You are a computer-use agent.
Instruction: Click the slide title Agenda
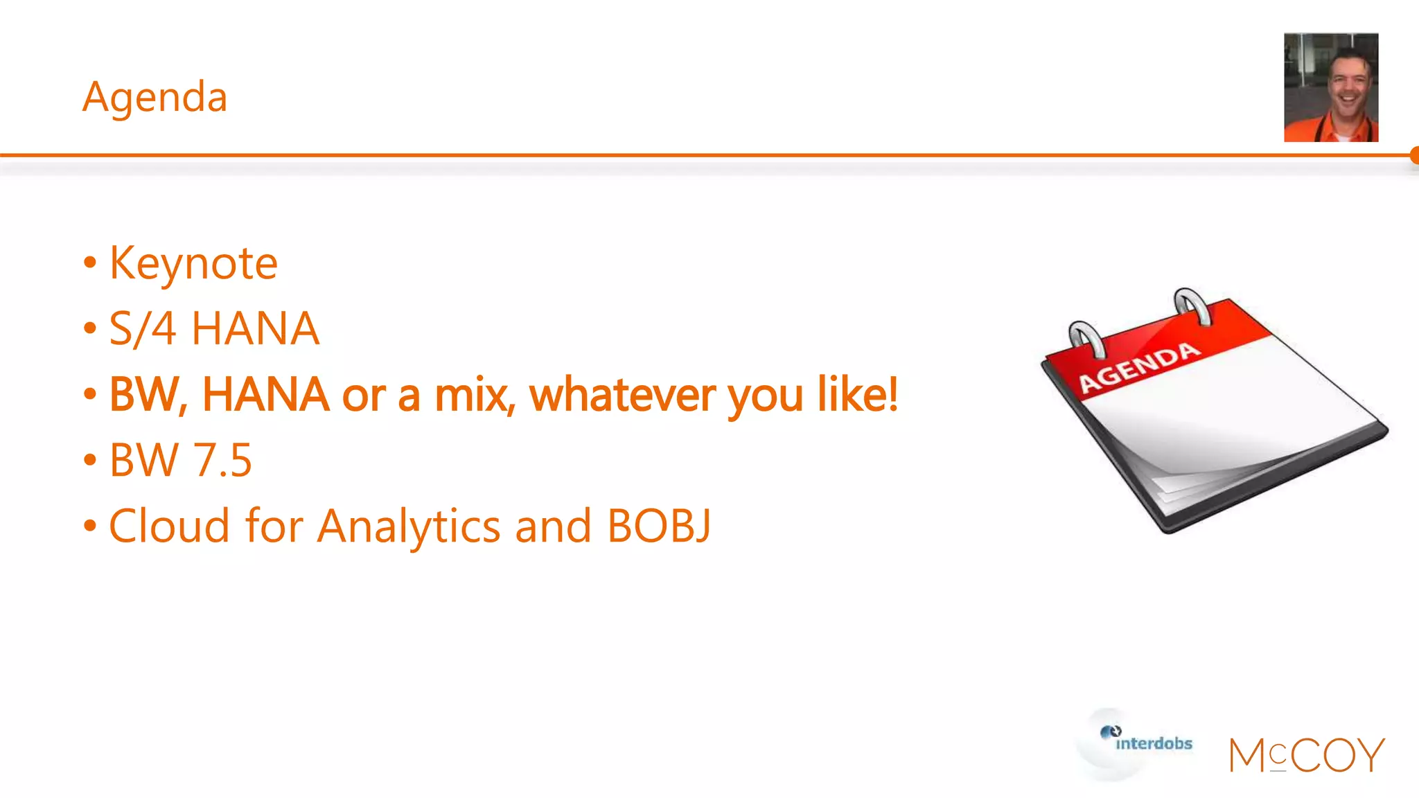[x=155, y=97]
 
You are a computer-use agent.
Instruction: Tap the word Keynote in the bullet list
[x=193, y=264]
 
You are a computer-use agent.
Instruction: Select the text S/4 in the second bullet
[x=143, y=328]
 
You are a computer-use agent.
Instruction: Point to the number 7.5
[x=222, y=460]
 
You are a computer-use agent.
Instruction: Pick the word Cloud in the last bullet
[x=170, y=526]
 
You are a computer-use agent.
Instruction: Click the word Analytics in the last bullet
[x=409, y=527]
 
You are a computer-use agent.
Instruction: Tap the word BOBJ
[x=659, y=526]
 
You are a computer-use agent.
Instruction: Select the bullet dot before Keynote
[x=90, y=264]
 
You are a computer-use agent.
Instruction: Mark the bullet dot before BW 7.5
[x=90, y=460]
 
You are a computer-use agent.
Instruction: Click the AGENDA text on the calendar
[x=1139, y=367]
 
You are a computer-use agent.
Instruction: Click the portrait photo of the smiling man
[x=1330, y=87]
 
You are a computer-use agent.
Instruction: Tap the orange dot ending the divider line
[x=1414, y=155]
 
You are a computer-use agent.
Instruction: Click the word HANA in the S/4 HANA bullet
[x=255, y=328]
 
